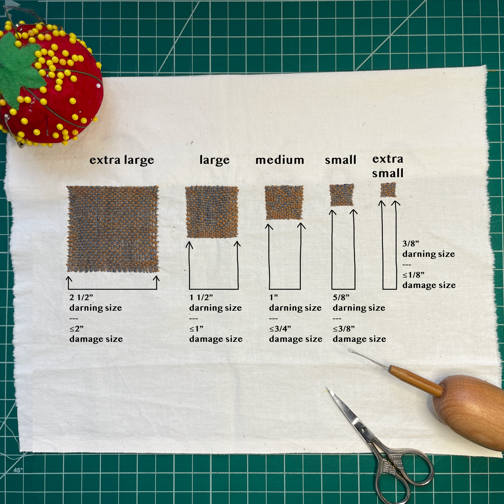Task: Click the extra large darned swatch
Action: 113,229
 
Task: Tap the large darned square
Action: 212,212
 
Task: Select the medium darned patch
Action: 284,202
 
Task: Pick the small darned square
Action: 342,195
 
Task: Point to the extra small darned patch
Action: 388,190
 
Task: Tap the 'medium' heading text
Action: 280,160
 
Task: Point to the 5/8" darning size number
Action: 341,297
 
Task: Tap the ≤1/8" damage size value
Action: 413,275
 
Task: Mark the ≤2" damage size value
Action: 76,329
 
